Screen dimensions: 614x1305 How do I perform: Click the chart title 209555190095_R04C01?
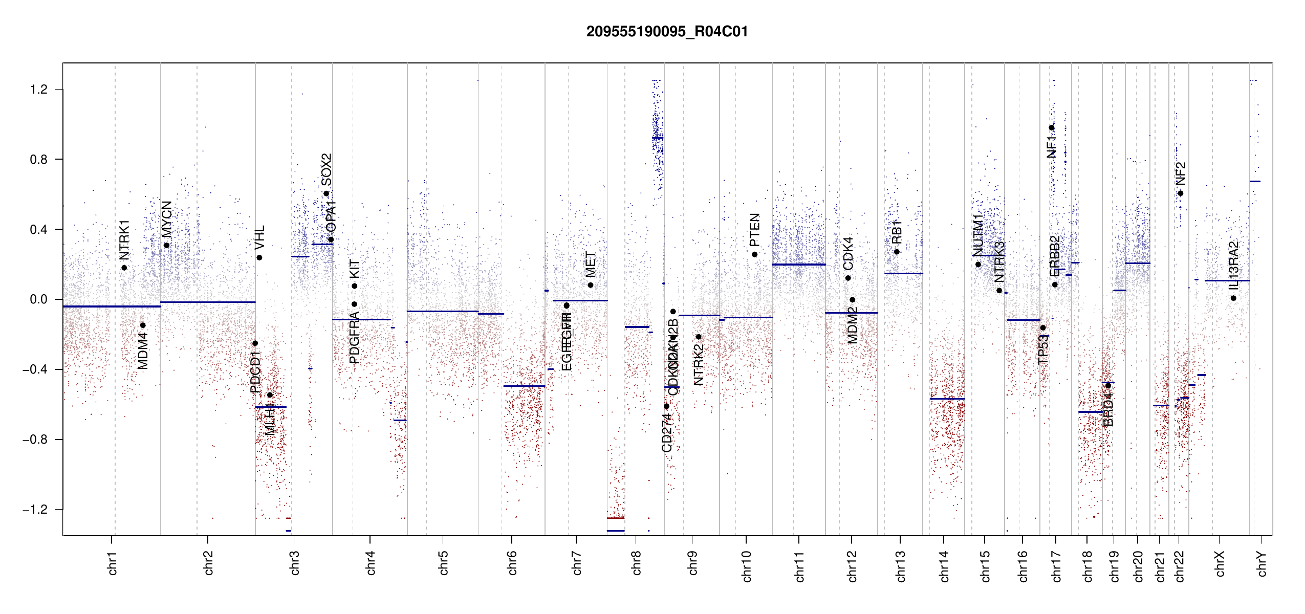coord(667,32)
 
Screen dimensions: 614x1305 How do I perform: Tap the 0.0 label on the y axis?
coord(39,299)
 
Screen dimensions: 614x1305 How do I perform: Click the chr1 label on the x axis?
coord(112,563)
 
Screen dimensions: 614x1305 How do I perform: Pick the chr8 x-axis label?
coord(636,563)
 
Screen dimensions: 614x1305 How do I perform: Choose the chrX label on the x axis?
coord(1220,563)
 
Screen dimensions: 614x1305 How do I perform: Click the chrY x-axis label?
coord(1261,563)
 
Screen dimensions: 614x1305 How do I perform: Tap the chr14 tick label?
coord(944,566)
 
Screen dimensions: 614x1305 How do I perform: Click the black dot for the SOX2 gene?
coord(327,193)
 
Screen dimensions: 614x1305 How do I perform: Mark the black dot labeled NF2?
coord(1180,193)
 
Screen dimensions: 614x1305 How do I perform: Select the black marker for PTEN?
coord(754,254)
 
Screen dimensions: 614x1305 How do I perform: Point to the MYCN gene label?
coord(167,219)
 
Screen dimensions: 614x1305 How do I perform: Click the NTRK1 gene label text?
coord(124,239)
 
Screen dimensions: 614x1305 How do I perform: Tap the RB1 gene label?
coord(897,231)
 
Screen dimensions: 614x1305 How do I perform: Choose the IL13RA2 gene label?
coord(1234,266)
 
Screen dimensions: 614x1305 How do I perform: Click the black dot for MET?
coord(591,285)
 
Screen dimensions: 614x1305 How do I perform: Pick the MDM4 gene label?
coord(143,350)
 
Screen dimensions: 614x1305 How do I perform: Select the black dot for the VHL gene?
coord(259,257)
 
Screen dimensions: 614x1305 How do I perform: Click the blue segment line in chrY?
coord(1255,181)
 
